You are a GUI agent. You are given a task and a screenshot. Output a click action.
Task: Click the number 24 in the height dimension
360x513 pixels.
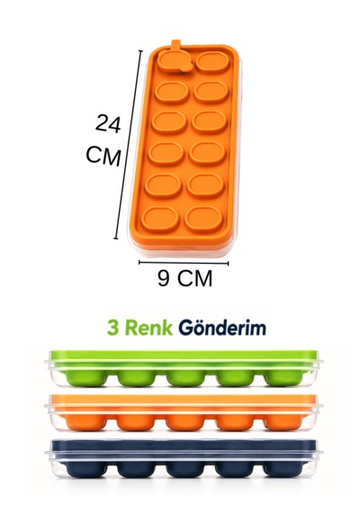point(108,123)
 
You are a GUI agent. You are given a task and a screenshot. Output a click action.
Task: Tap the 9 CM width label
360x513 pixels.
point(184,278)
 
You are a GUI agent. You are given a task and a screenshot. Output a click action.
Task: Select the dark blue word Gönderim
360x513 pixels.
point(222,328)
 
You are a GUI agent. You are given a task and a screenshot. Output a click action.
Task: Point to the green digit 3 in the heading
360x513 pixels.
point(112,328)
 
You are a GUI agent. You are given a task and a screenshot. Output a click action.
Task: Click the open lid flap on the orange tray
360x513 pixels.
point(171,61)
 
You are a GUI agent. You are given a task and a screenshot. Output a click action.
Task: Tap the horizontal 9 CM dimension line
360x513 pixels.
point(184,263)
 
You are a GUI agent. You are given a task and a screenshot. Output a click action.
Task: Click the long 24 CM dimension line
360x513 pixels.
point(129,145)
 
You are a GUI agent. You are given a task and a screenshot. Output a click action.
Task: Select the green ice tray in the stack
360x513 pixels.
point(184,368)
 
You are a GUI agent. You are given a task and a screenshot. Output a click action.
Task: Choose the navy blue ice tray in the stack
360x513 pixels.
point(184,458)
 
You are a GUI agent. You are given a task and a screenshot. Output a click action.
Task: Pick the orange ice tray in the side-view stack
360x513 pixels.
point(184,413)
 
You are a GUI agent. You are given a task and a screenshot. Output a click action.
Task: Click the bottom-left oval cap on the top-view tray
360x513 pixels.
point(160,219)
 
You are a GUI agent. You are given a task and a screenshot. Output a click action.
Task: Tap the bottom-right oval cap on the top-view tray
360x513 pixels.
point(203,218)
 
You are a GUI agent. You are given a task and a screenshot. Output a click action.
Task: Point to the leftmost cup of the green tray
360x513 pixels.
point(85,378)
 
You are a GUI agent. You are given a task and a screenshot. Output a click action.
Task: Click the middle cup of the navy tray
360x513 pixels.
point(185,469)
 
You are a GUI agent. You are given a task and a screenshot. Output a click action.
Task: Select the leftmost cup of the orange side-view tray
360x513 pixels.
point(85,423)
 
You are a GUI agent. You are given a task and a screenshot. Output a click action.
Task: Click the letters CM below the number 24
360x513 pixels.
point(103,156)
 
